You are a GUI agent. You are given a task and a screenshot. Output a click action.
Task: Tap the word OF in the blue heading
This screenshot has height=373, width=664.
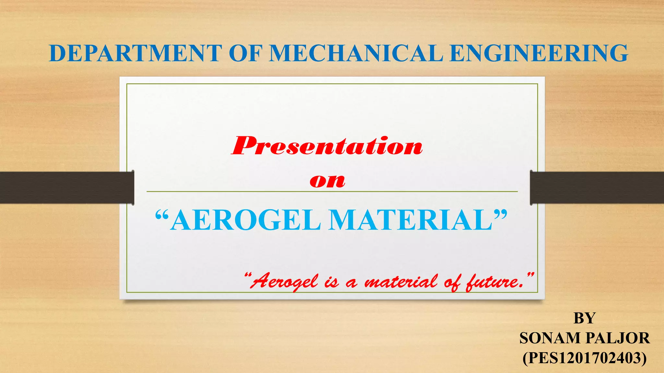245,53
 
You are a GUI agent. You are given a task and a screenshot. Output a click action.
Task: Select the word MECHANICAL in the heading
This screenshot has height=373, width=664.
356,53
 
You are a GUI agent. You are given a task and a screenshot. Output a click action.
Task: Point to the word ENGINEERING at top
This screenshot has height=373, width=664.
539,53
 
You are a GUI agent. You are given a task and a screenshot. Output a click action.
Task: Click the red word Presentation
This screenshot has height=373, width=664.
327,146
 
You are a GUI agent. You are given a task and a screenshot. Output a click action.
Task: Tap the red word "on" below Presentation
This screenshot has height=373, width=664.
327,181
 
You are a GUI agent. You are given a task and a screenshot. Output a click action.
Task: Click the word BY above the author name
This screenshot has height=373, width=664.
584,318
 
